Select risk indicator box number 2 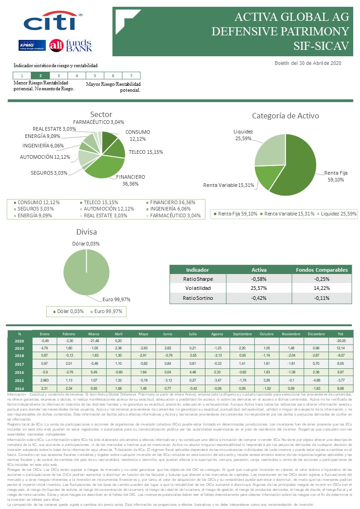[40, 76]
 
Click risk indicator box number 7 [131, 76]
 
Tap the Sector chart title [101, 114]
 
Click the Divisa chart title [87, 232]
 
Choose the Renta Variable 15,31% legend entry [289, 213]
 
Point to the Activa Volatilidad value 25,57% [259, 288]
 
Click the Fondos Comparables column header [321, 269]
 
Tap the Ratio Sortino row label [198, 298]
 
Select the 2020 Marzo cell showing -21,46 [94, 340]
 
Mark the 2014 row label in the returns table [19, 389]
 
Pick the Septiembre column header [242, 333]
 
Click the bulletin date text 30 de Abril [315, 63]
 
